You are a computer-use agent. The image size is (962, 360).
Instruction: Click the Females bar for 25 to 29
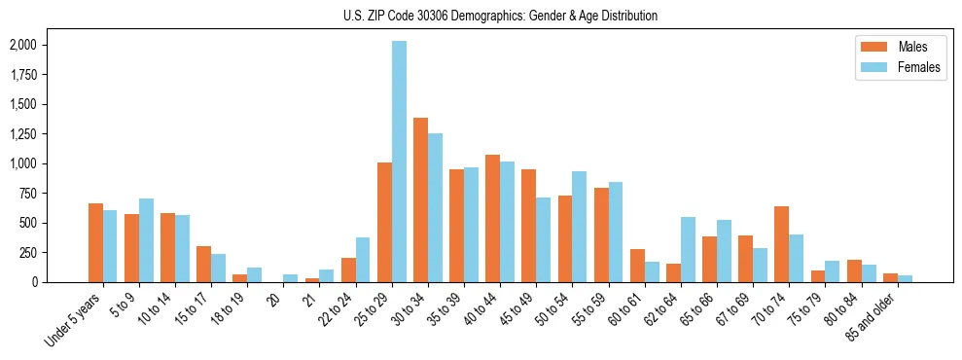[x=399, y=162]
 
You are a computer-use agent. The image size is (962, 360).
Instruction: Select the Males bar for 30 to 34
[x=420, y=199]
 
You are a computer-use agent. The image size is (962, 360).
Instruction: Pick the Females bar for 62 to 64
[x=688, y=249]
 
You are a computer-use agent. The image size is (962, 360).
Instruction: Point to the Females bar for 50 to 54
[x=580, y=227]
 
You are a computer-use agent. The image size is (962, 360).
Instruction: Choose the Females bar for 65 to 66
[x=724, y=251]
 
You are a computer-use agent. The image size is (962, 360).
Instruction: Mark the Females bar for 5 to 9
[x=146, y=240]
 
